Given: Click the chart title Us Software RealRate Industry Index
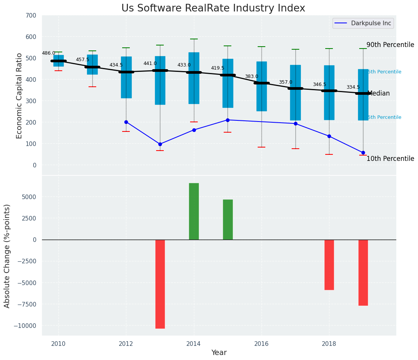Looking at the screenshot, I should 213,8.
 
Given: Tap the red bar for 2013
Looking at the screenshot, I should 160,284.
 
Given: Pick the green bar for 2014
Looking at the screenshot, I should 194,211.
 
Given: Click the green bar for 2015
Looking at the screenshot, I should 228,219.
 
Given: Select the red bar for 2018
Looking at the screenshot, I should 329,264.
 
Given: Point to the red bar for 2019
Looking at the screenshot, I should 363,272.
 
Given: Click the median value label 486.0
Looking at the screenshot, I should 48,53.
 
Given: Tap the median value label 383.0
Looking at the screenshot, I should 252,76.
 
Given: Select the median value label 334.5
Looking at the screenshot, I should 353,87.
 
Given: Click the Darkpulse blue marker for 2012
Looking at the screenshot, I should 126,122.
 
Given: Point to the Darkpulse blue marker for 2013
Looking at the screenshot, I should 160,144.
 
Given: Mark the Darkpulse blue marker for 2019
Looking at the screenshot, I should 363,152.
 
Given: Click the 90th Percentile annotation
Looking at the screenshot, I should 390,45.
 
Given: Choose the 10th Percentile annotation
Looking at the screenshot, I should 390,159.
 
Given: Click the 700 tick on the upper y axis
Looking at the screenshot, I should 31,16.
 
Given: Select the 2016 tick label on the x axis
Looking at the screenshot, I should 261,344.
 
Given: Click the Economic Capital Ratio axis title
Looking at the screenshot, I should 19,96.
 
